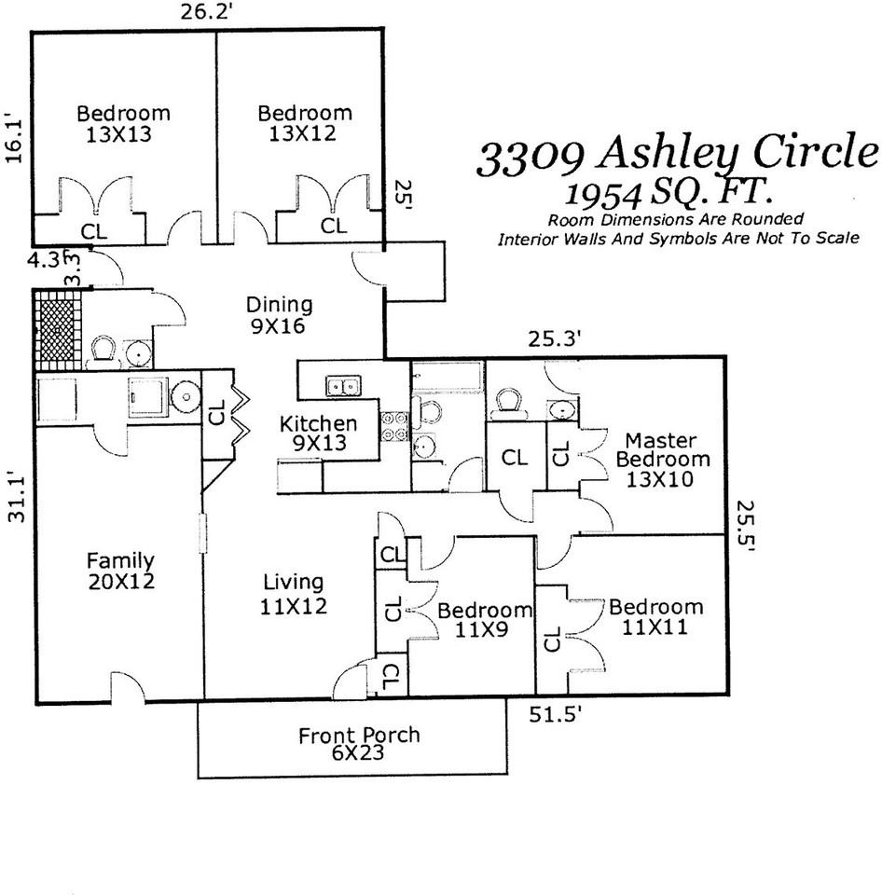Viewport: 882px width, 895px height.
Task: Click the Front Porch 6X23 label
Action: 359,744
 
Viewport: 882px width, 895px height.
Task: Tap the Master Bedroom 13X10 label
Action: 662,460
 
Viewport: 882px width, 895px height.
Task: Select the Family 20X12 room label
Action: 120,571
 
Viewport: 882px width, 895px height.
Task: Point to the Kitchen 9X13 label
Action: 319,434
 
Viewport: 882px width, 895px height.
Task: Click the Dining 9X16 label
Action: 279,315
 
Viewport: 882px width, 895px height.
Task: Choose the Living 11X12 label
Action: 293,594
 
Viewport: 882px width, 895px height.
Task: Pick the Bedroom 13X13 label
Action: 123,123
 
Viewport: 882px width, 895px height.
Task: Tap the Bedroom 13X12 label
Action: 305,123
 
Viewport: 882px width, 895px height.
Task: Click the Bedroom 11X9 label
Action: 485,619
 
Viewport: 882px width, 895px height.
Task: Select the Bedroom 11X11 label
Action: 655,617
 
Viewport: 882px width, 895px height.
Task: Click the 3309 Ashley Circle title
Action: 678,154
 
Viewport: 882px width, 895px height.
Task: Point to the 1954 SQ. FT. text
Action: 667,193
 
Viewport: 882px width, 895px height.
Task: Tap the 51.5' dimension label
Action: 557,715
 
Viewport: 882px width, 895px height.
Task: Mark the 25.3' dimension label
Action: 556,339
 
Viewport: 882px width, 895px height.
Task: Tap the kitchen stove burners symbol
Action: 395,427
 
